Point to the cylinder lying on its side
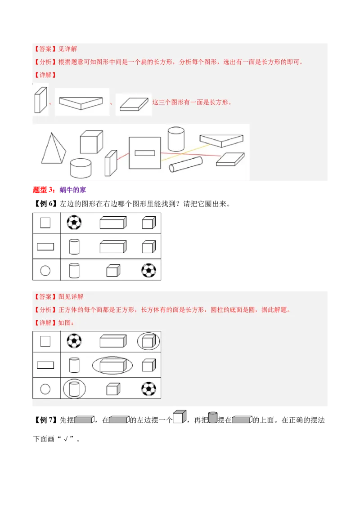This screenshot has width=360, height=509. point(185,165)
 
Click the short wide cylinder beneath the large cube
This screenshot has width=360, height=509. point(81,168)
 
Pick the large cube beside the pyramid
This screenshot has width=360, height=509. point(91,142)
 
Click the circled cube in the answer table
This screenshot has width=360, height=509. point(148,341)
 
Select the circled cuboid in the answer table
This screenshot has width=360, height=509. point(112,365)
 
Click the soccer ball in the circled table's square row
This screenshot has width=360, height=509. point(74,340)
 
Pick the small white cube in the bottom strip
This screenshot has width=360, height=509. point(179,417)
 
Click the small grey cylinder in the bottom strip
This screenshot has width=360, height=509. point(212,418)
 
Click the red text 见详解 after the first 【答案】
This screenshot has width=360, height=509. point(68,49)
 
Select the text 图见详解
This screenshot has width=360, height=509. point(71,297)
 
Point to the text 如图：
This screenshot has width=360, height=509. point(66,322)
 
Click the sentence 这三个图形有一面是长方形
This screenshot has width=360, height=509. point(192,102)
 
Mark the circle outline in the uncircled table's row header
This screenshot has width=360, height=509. point(45,271)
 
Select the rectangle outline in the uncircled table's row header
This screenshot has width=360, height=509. point(45,246)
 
